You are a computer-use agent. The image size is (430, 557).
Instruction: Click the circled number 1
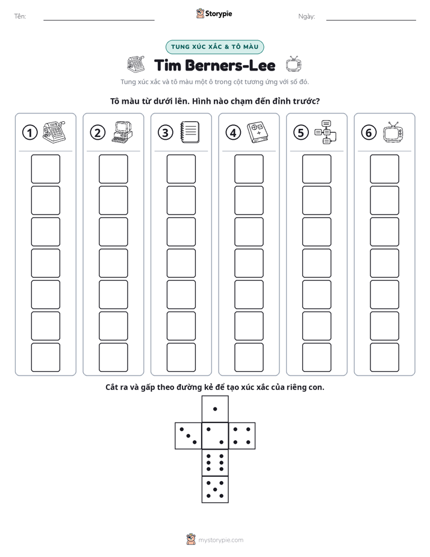30,133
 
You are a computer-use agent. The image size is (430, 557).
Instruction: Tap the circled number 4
233,133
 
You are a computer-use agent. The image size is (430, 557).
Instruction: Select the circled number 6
369,133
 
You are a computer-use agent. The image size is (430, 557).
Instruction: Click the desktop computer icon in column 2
122,132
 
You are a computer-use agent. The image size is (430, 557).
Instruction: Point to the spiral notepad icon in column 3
190,132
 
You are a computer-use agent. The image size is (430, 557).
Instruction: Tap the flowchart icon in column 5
325,132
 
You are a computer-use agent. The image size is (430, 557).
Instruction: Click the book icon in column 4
258,132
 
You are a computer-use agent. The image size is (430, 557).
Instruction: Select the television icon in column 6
393,132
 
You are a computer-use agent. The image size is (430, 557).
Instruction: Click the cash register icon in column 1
54,132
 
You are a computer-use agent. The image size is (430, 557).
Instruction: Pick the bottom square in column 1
45,357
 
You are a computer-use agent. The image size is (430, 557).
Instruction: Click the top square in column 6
385,169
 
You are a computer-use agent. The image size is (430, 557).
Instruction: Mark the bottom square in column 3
181,357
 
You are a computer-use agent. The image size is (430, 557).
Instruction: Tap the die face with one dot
215,409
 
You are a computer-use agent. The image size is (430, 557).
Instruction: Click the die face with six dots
215,462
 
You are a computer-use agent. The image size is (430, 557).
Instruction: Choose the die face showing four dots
242,436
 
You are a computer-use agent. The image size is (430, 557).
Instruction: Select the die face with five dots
215,489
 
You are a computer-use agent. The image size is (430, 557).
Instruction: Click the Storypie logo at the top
214,13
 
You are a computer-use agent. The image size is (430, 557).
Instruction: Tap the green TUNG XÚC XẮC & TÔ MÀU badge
214,47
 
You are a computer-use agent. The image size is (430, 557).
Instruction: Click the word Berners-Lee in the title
230,66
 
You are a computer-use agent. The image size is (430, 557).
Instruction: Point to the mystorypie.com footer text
220,540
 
